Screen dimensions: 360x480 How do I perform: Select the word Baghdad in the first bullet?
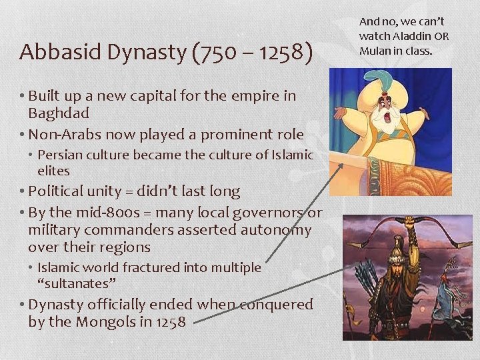(59, 113)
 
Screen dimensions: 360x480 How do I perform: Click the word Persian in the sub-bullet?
(59, 155)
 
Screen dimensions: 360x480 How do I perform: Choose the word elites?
(53, 171)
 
